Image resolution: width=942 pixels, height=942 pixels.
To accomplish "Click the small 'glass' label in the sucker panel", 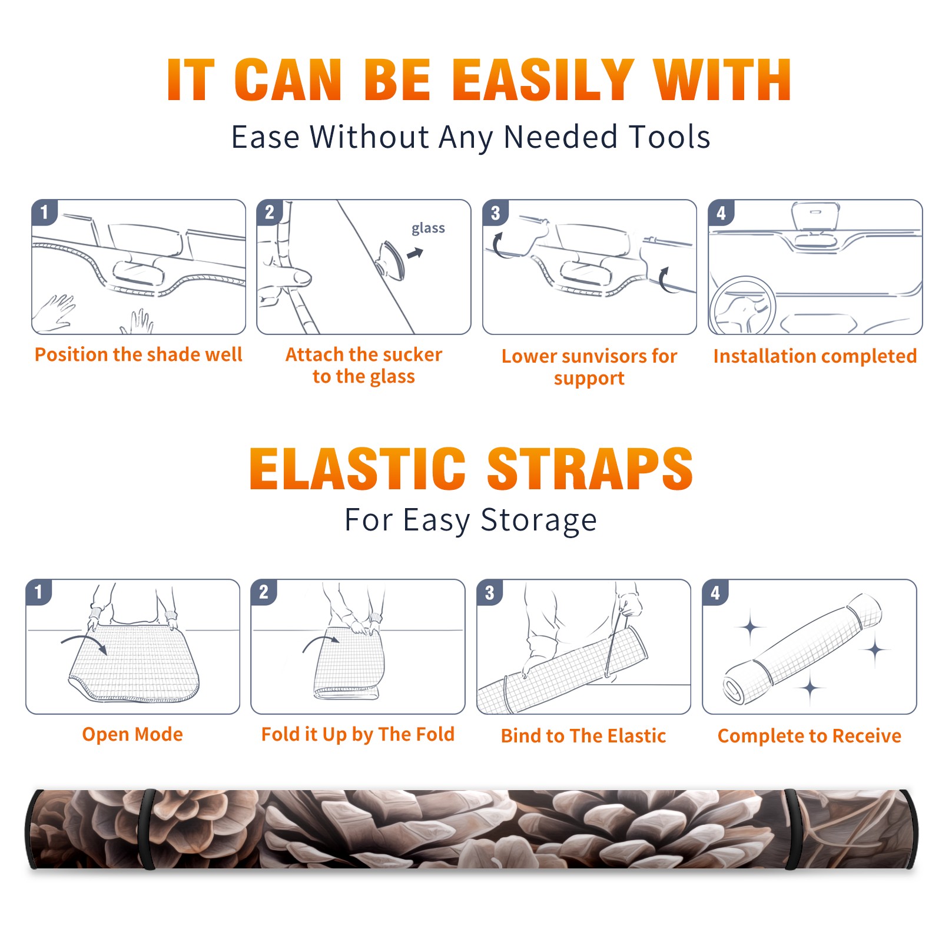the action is [x=428, y=228].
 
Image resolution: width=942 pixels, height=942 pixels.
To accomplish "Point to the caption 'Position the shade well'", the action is [x=138, y=354].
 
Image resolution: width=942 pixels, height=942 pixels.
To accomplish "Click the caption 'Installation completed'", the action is [x=815, y=356].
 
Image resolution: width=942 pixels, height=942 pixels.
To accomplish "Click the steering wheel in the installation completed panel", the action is [x=742, y=306].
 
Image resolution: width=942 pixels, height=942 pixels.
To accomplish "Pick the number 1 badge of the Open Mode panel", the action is [x=39, y=592].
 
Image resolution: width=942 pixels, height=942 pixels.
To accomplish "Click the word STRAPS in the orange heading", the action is [x=590, y=469].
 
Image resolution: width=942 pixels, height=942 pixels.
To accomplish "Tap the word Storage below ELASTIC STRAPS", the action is [x=539, y=520].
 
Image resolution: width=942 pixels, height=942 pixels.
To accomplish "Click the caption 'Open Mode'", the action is [x=132, y=734].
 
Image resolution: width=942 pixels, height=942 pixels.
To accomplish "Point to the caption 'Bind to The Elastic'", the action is [x=583, y=736].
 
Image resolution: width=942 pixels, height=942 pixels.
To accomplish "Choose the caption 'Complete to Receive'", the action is [x=810, y=736].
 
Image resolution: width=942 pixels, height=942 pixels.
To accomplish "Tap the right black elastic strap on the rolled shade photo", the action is [x=793, y=829].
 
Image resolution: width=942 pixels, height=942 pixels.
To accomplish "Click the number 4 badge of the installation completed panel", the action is [x=721, y=213].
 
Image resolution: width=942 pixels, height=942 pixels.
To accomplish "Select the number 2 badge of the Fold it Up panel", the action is [x=264, y=592].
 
